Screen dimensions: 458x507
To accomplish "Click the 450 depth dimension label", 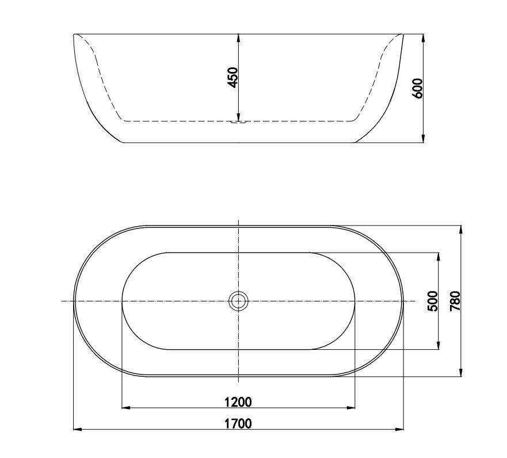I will [x=232, y=77].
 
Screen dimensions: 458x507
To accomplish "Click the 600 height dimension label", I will [x=418, y=88].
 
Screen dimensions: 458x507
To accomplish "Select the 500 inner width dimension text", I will [x=433, y=301].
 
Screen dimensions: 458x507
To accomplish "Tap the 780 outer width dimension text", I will [x=455, y=301].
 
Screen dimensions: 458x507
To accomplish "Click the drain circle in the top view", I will [x=238, y=300].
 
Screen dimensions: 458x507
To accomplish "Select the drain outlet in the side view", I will [x=238, y=121].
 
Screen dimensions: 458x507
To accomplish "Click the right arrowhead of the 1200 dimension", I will [x=350, y=407].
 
